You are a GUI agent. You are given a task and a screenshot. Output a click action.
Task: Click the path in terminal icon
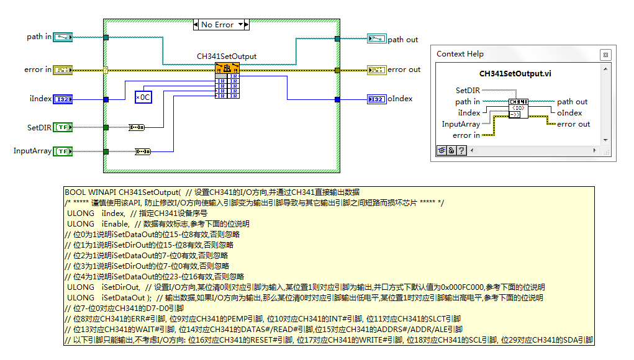(63, 37)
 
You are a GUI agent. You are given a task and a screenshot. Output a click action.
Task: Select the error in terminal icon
(63, 70)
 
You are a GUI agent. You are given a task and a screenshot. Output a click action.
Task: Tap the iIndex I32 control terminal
(63, 99)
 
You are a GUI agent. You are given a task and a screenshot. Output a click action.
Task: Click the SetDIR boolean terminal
(63, 127)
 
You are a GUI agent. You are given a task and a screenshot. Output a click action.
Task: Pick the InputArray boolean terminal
(63, 151)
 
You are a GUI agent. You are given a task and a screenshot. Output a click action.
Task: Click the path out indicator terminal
(377, 38)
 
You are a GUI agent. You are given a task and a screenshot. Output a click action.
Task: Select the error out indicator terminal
(377, 70)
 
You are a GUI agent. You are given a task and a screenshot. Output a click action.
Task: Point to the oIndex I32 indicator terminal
(377, 99)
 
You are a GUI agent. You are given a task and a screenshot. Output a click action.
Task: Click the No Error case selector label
(217, 25)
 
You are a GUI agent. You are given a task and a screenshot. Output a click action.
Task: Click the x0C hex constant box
(143, 97)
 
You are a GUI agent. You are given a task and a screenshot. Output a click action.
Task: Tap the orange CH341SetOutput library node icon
(227, 68)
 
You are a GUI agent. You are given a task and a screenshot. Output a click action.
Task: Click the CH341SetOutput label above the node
(227, 56)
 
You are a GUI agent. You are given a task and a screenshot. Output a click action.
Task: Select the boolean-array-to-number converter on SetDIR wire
(137, 127)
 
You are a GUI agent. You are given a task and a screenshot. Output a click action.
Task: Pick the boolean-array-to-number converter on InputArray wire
(143, 151)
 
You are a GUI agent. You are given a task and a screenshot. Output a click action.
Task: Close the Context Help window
(605, 55)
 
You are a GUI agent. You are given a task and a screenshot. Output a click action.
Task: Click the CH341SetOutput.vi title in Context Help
(515, 73)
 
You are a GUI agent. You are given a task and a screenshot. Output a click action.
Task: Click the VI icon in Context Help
(519, 108)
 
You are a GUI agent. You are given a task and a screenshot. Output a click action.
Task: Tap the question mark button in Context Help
(462, 150)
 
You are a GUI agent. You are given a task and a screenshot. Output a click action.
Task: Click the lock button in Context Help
(451, 150)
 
